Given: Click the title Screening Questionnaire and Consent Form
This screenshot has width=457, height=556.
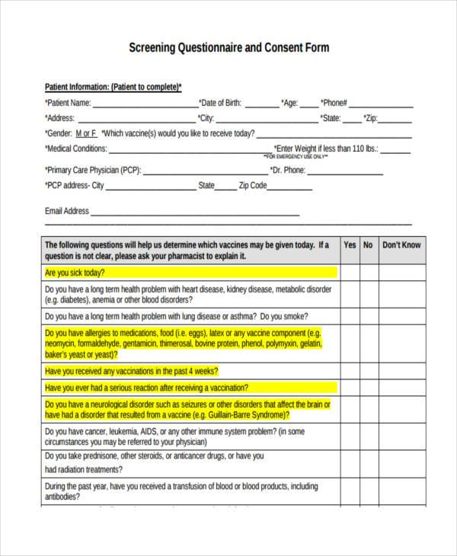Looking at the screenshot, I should click(x=228, y=47).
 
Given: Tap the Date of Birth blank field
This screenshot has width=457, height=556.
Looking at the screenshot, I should click(x=262, y=104).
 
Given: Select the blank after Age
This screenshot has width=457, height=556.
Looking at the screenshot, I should click(x=308, y=104).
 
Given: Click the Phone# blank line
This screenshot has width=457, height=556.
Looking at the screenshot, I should click(x=381, y=104).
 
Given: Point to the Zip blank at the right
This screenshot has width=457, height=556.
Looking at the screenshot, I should click(x=395, y=120).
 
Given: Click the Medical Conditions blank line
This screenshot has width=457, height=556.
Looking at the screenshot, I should click(x=190, y=150).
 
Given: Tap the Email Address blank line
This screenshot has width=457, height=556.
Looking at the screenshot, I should click(x=195, y=212).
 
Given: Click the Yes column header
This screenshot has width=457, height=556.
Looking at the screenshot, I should click(x=350, y=245).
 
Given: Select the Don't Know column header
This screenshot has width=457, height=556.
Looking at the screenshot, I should click(x=401, y=245).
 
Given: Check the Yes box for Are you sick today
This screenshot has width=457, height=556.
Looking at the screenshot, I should click(x=350, y=273).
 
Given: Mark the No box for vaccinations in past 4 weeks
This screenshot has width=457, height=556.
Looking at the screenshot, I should click(x=368, y=371).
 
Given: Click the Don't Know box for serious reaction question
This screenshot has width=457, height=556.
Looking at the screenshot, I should click(x=401, y=388).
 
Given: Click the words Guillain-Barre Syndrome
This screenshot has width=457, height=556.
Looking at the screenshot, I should click(x=249, y=416).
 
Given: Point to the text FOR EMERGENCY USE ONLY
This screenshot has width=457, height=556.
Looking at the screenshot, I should click(x=297, y=157).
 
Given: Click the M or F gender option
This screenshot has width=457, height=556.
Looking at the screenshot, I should click(x=84, y=133).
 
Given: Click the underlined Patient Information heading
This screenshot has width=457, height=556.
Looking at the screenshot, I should click(x=113, y=87).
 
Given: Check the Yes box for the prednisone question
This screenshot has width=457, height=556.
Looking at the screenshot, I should click(x=350, y=462).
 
